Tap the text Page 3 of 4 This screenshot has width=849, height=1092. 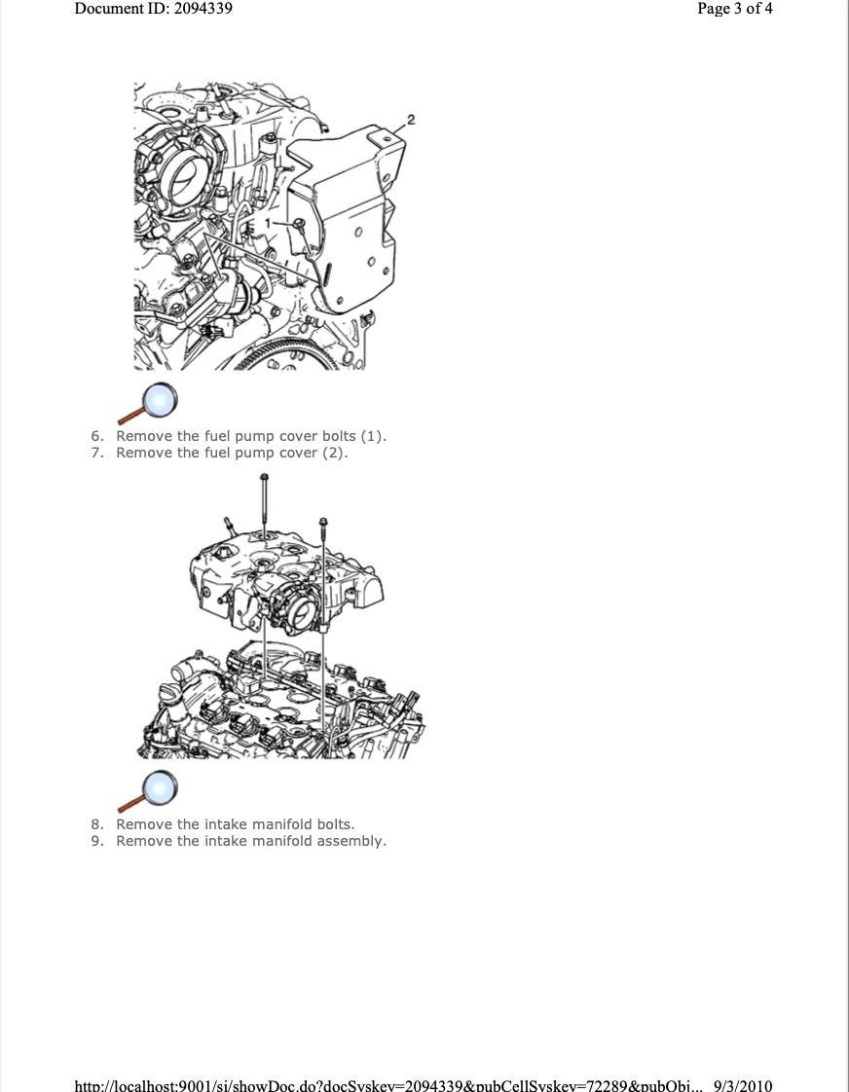tap(735, 9)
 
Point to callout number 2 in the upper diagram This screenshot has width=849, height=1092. tap(411, 120)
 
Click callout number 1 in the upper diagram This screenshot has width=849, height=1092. tap(268, 223)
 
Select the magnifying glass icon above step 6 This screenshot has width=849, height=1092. tap(148, 403)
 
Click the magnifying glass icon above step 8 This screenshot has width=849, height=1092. tap(148, 790)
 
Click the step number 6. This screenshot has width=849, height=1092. tap(97, 436)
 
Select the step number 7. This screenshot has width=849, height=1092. tap(97, 453)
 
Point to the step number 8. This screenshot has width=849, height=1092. tap(97, 824)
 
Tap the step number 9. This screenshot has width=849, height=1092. tap(97, 841)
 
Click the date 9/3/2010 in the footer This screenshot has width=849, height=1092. tap(743, 1084)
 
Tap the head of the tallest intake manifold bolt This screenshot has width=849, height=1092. tap(264, 477)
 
